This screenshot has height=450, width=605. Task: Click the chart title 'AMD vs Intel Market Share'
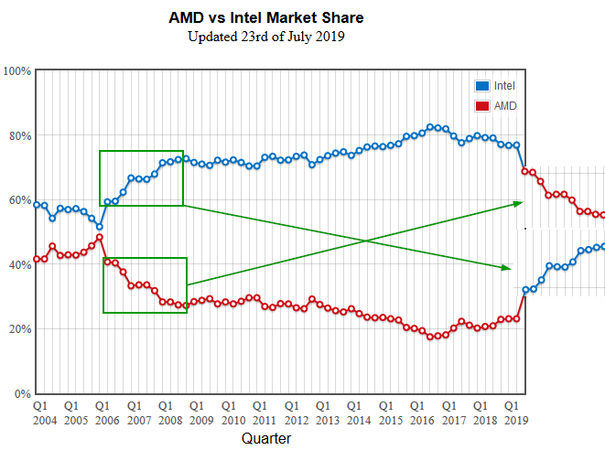[x=265, y=17]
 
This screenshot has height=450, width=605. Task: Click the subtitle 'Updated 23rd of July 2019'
[x=265, y=37]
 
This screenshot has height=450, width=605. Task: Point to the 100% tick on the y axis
[x=18, y=71]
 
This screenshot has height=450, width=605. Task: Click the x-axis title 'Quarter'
[x=266, y=439]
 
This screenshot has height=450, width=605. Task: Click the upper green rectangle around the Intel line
[x=141, y=152]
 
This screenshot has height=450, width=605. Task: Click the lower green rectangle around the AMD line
[x=145, y=259]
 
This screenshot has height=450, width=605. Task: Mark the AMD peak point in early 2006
[x=99, y=238]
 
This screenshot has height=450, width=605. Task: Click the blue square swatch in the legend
[x=481, y=86]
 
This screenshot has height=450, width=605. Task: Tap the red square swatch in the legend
[x=481, y=106]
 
